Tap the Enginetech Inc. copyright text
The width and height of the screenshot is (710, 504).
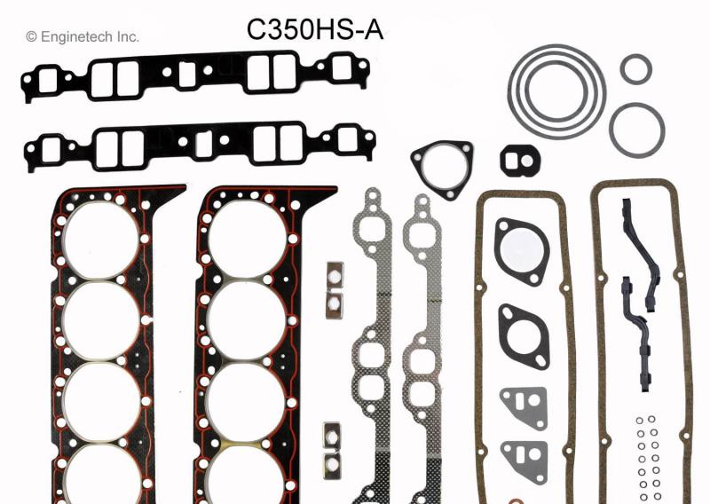pyautogui.click(x=83, y=36)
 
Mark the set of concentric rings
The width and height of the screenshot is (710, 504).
pyautogui.click(x=556, y=91)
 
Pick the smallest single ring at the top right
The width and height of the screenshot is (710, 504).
pyautogui.click(x=635, y=68)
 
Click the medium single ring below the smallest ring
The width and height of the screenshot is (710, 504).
pyautogui.click(x=636, y=127)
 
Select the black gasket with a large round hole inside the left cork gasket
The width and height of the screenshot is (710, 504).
pyautogui.click(x=523, y=250)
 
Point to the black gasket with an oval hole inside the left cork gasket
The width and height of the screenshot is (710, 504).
pyautogui.click(x=523, y=335)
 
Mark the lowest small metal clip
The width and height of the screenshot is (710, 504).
pyautogui.click(x=333, y=461)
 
